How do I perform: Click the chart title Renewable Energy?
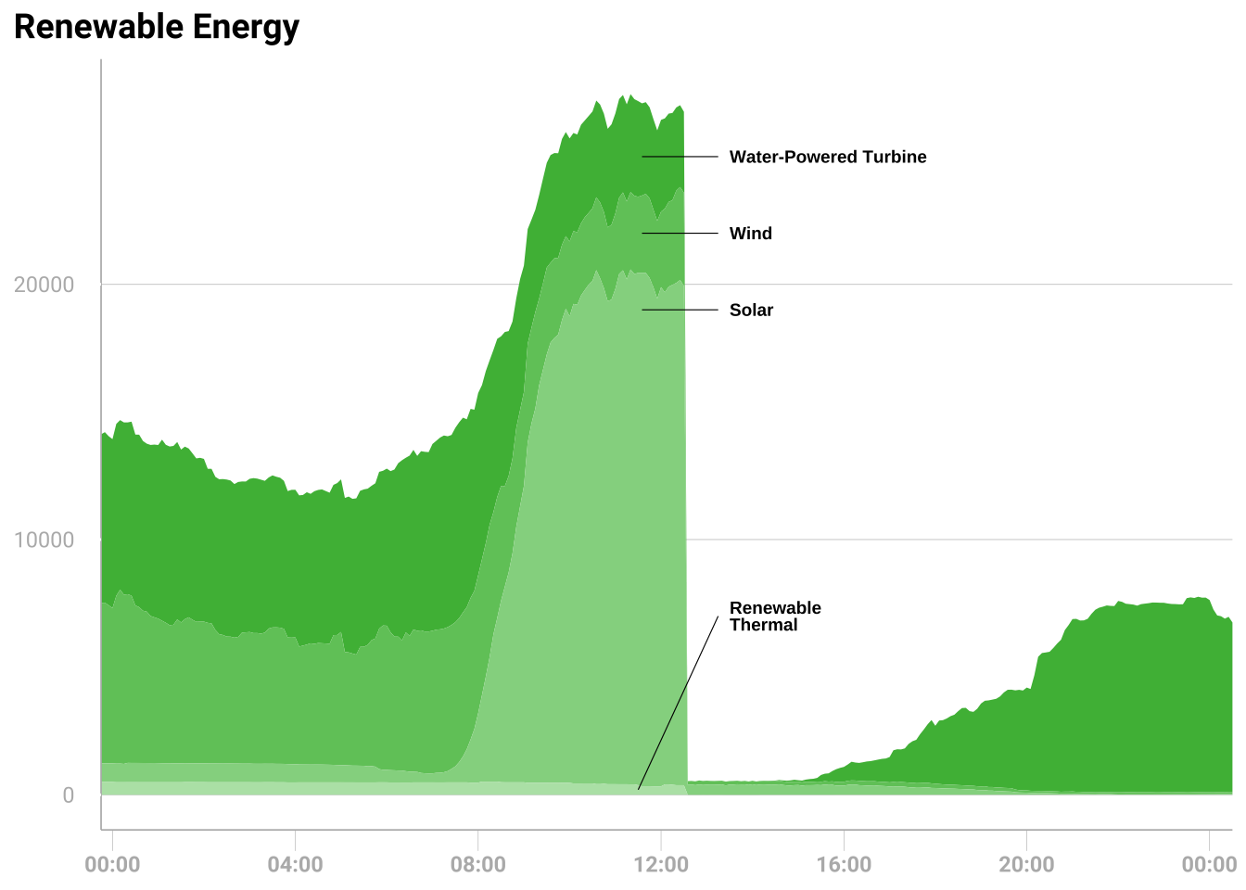157,27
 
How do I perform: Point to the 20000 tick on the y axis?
44,285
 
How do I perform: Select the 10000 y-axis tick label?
44,540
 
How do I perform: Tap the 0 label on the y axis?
68,795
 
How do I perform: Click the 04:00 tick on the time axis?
295,865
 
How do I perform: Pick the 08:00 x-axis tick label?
477,865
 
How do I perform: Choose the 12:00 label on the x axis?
660,865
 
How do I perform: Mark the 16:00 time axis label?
844,865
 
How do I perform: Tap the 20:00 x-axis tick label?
1026,865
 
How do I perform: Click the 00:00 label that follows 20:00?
1209,865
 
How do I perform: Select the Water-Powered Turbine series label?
828,157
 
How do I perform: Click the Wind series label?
750,234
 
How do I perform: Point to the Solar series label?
751,311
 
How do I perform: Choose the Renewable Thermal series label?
775,617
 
